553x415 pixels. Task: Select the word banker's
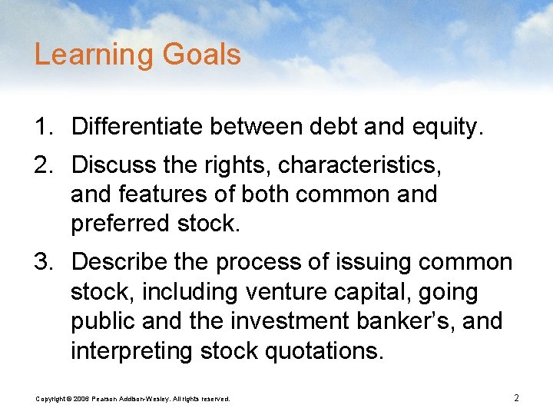click(x=402, y=321)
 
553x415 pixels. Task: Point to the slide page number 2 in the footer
click(x=516, y=397)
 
